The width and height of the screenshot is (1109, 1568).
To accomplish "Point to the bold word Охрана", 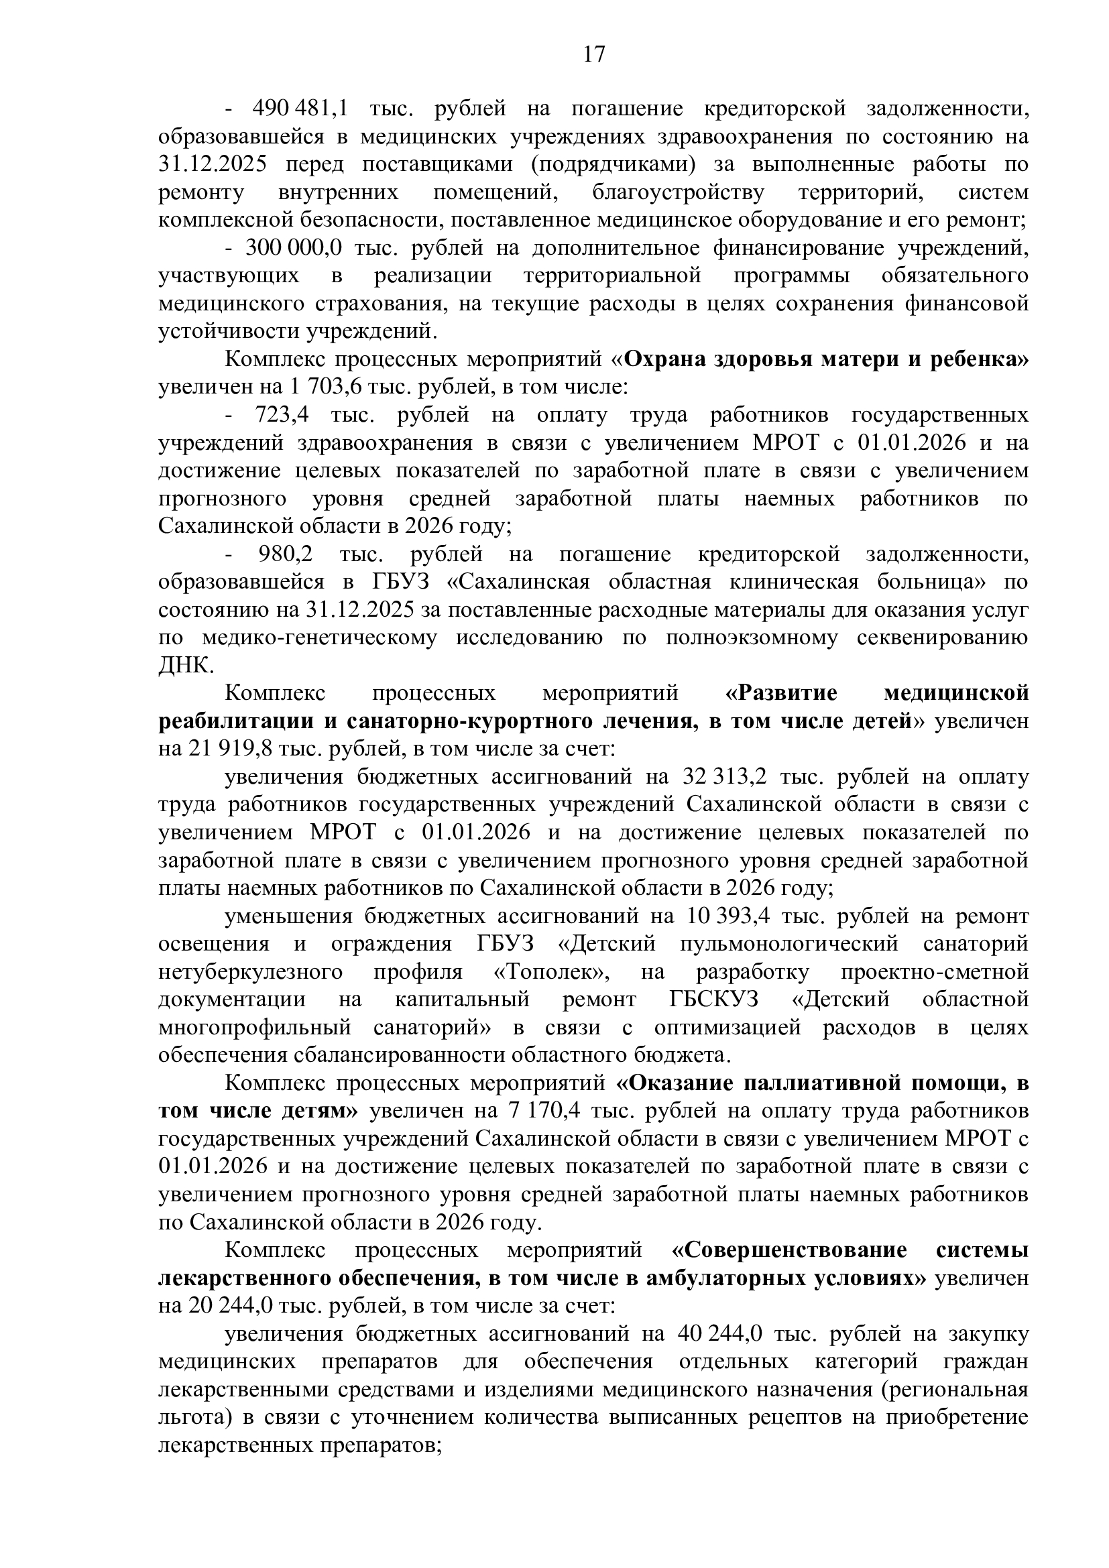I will pos(666,359).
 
